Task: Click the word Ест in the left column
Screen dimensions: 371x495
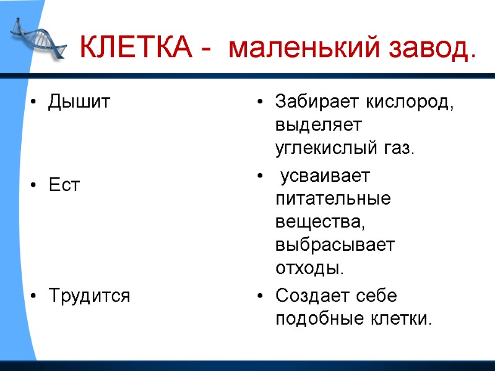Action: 64,185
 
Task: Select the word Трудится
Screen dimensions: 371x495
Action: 89,296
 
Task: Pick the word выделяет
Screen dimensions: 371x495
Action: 318,126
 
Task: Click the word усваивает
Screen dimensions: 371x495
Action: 325,176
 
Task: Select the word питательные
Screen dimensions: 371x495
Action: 333,200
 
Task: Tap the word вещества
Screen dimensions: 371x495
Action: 321,223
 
